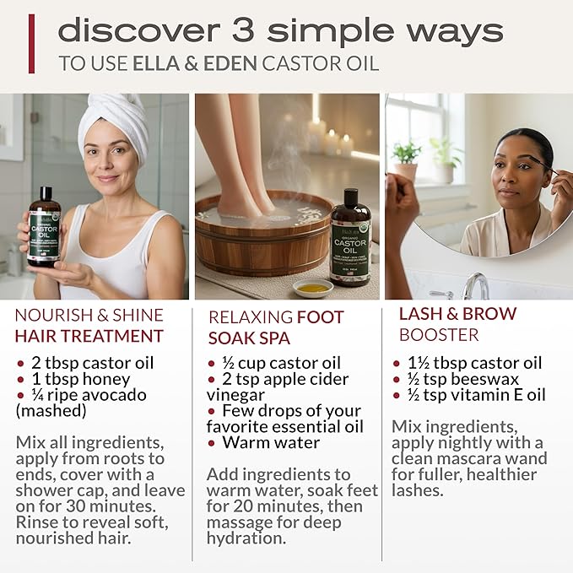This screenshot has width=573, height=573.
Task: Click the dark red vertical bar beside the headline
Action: coord(32,43)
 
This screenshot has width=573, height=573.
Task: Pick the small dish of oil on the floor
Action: coord(312,288)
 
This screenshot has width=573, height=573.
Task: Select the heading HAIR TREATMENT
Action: coord(89,336)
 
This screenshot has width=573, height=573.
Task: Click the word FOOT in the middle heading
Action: coord(320,317)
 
